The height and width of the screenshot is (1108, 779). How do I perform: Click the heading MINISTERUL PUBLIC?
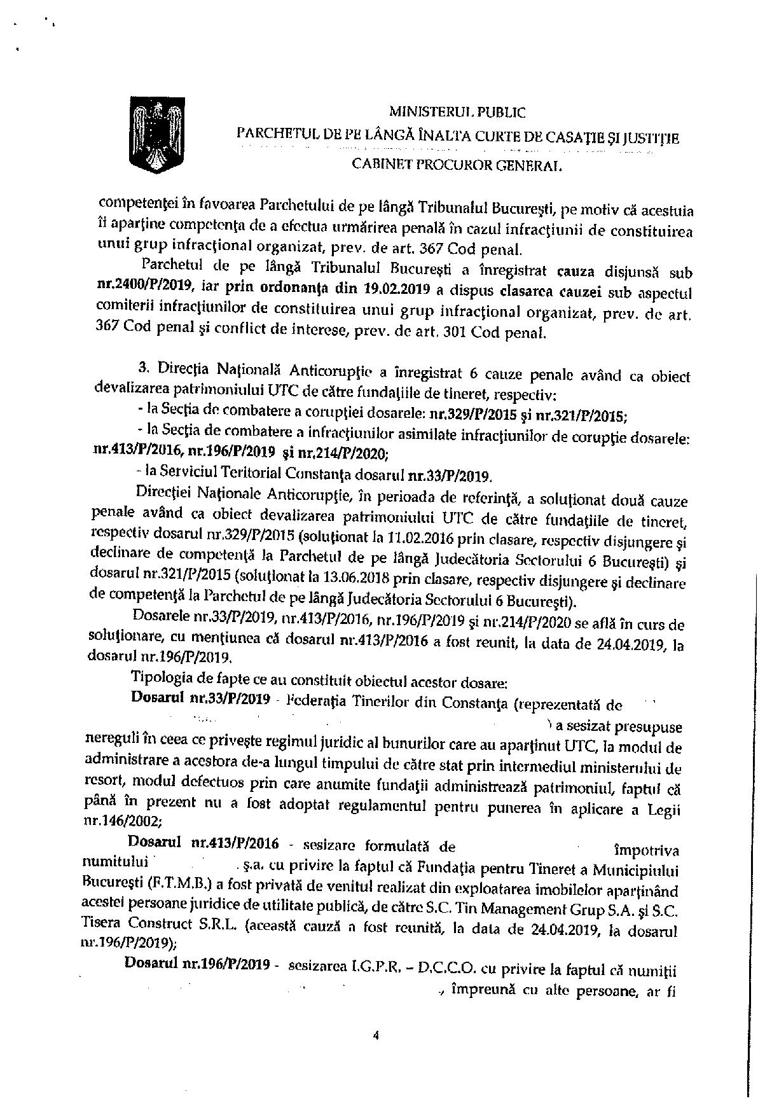457,113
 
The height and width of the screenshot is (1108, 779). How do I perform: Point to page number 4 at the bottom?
376,1035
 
